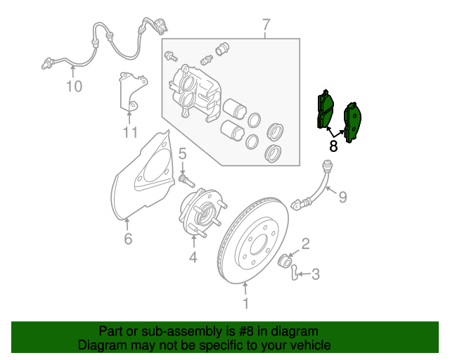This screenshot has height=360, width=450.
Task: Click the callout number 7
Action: pyautogui.click(x=266, y=26)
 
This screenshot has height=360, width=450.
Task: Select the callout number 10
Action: pyautogui.click(x=74, y=86)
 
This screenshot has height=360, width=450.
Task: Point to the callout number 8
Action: pyautogui.click(x=333, y=146)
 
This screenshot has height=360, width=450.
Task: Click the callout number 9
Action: pyautogui.click(x=343, y=197)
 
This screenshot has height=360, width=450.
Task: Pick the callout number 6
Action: pyautogui.click(x=128, y=239)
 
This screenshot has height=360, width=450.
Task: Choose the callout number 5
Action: pyautogui.click(x=181, y=153)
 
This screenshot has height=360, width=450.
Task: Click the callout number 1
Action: pyautogui.click(x=245, y=304)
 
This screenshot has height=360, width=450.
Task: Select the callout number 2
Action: pyautogui.click(x=306, y=244)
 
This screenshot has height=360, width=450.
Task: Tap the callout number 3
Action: pyautogui.click(x=316, y=274)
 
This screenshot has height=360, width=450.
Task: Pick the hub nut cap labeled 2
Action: pyautogui.click(x=287, y=262)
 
